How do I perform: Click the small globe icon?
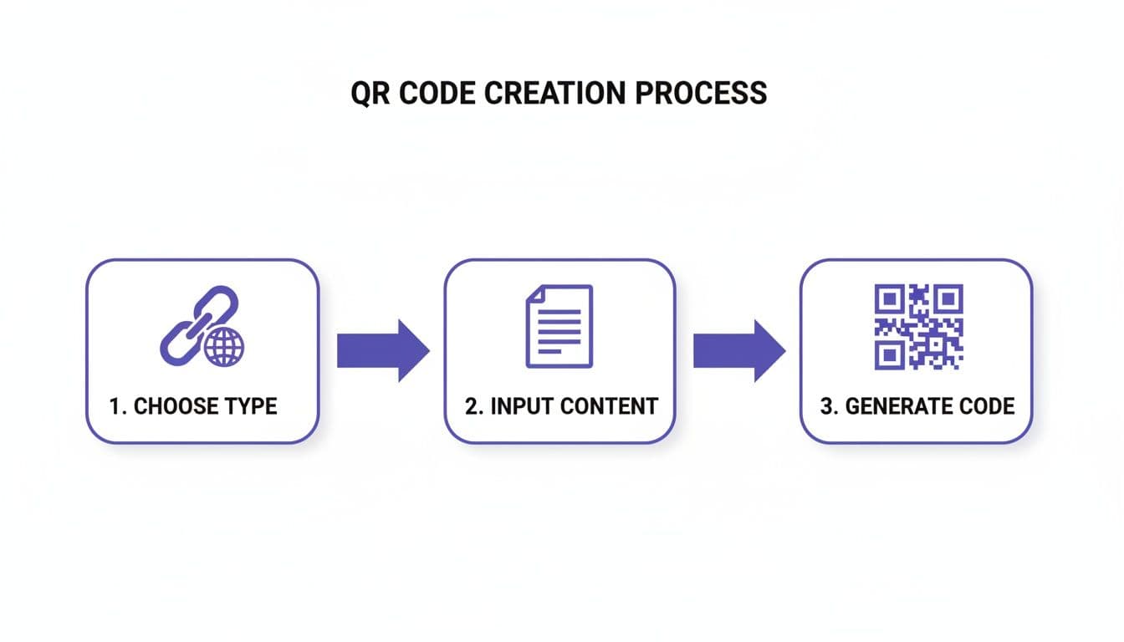[224, 346]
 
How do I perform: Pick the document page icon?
[559, 326]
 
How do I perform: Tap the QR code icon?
[918, 327]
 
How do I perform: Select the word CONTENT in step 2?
[608, 407]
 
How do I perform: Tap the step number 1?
[115, 407]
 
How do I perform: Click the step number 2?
[471, 407]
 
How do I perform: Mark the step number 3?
[827, 407]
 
